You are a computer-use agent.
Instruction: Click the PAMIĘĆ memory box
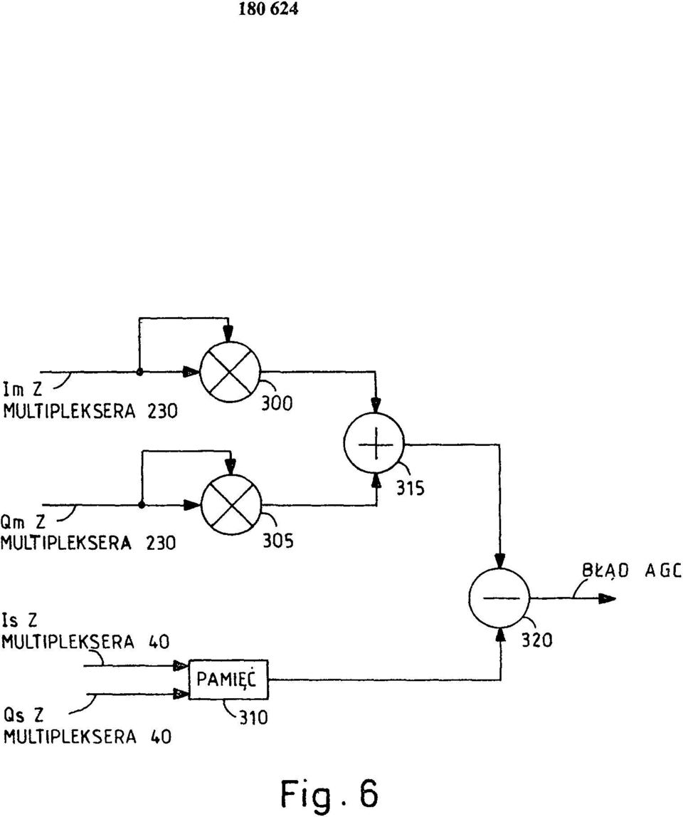228,680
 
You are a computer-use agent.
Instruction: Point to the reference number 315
411,488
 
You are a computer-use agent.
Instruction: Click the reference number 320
536,640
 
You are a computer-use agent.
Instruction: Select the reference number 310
253,718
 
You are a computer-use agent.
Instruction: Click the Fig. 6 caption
329,794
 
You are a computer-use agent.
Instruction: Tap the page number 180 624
269,9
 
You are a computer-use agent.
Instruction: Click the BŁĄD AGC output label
632,571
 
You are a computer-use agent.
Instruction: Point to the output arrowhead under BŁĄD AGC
607,598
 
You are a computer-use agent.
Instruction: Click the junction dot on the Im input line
139,372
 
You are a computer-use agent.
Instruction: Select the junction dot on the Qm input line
142,505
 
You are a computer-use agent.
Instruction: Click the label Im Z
22,390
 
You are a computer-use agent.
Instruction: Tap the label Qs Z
23,715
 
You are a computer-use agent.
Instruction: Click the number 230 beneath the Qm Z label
161,543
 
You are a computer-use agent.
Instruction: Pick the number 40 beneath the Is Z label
159,641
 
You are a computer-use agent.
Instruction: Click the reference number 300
277,402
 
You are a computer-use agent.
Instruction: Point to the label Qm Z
23,521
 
